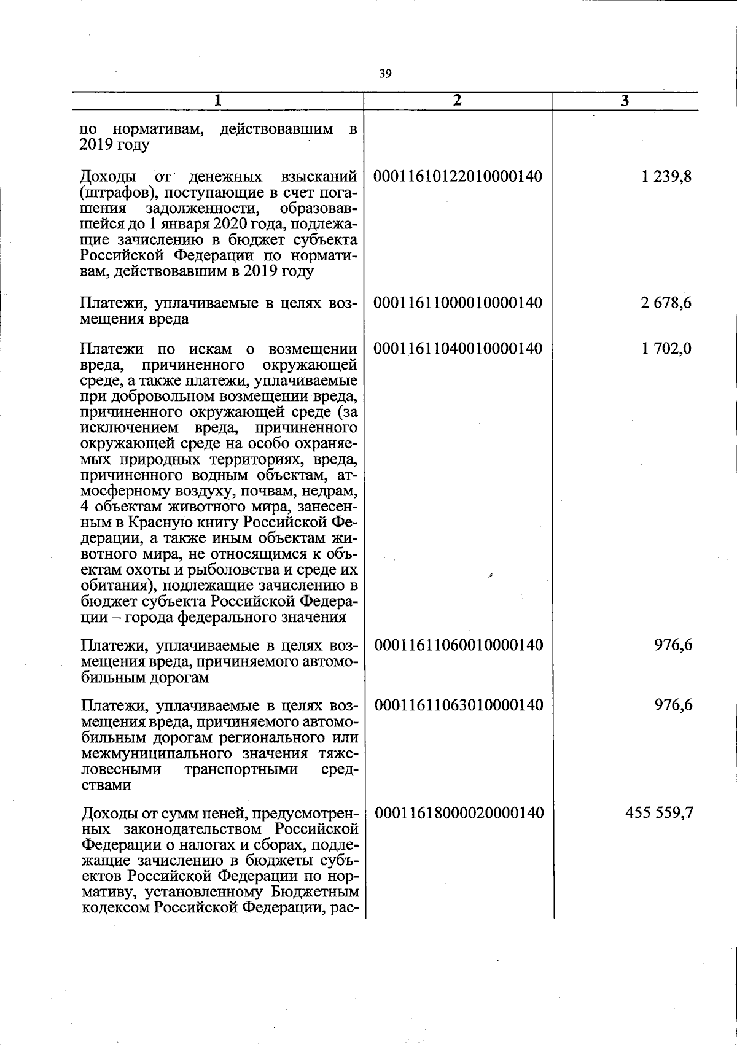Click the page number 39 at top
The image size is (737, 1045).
pyautogui.click(x=385, y=74)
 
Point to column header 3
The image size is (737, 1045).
pyautogui.click(x=625, y=102)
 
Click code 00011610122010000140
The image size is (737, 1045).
pyautogui.click(x=458, y=177)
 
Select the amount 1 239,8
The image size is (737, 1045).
pyautogui.click(x=666, y=177)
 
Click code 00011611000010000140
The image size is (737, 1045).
pyautogui.click(x=458, y=303)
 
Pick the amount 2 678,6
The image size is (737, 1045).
pyautogui.click(x=666, y=303)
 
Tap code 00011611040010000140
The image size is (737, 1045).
pyautogui.click(x=458, y=349)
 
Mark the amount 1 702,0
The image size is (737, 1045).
pyautogui.click(x=666, y=349)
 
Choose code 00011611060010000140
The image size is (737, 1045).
pyautogui.click(x=459, y=645)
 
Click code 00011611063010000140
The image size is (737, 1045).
pyautogui.click(x=459, y=704)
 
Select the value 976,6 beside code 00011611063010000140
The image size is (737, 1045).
pyautogui.click(x=674, y=704)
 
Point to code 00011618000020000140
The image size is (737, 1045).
pyautogui.click(x=459, y=813)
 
